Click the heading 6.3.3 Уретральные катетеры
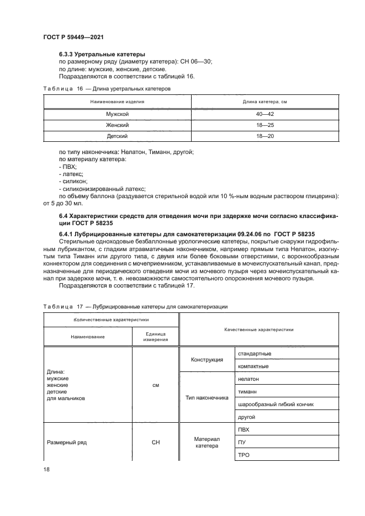[x=102, y=55]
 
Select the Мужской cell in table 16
[x=117, y=114]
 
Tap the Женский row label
[x=117, y=125]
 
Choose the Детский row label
[x=117, y=136]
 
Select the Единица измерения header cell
[x=155, y=337]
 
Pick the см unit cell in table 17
[x=155, y=385]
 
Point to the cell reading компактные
[x=253, y=366]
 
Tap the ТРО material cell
[x=244, y=455]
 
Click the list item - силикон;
[x=73, y=181]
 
